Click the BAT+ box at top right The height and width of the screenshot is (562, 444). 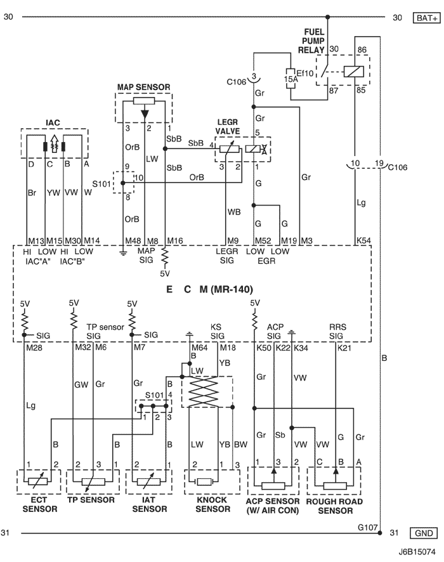(426, 18)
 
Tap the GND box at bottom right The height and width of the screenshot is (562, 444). (424, 533)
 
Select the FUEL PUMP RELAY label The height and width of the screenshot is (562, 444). (311, 41)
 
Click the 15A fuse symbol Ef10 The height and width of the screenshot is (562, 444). (291, 78)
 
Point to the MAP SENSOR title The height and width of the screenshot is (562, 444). (144, 87)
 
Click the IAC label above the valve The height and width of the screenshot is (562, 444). (53, 122)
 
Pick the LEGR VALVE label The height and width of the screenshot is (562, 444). (228, 126)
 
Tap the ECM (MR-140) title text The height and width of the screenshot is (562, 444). (210, 289)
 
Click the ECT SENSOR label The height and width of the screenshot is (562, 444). (40, 504)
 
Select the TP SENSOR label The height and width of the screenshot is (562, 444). (91, 500)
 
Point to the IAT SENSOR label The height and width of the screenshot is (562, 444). (150, 504)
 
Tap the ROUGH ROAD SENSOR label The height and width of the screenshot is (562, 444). (334, 506)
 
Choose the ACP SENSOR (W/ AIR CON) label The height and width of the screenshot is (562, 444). (273, 506)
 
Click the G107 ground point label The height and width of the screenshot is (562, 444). (368, 527)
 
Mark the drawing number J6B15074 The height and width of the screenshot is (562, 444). (417, 551)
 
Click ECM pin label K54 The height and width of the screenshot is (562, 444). (363, 240)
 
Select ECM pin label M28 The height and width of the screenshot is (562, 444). (34, 348)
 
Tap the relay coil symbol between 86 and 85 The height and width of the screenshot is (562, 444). (354, 72)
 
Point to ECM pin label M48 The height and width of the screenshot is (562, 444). (133, 241)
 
